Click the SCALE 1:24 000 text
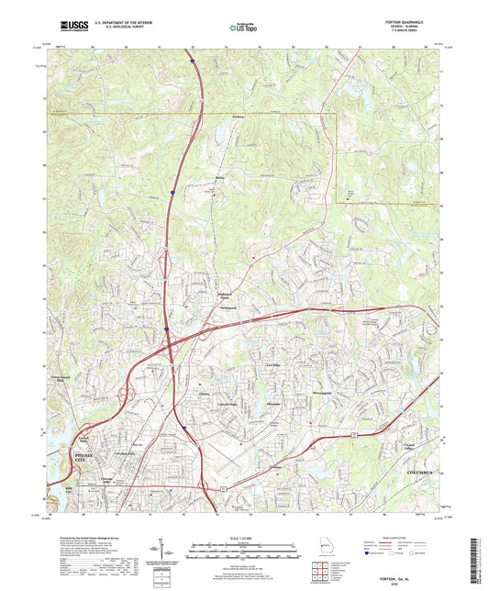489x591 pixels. pos(244,537)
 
